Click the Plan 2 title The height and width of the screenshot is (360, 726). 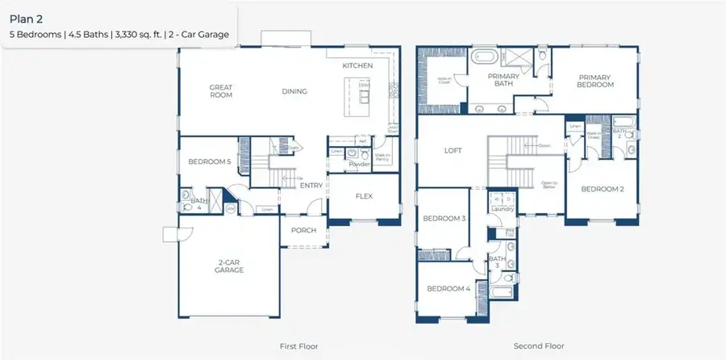26,15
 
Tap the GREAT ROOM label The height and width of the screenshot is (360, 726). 220,91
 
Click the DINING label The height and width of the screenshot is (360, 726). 294,91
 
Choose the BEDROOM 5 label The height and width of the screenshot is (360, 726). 210,161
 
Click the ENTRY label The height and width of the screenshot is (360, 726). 311,186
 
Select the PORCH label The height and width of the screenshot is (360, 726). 303,230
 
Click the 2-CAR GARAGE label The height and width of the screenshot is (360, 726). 230,266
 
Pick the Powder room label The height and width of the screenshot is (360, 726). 358,164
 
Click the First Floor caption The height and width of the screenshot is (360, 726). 298,345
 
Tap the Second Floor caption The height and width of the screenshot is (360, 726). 539,345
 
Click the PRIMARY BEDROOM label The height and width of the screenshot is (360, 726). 595,81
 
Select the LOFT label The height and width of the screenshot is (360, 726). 453,150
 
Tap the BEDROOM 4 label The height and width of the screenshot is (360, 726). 448,288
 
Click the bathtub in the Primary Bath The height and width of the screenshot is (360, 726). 485,57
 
